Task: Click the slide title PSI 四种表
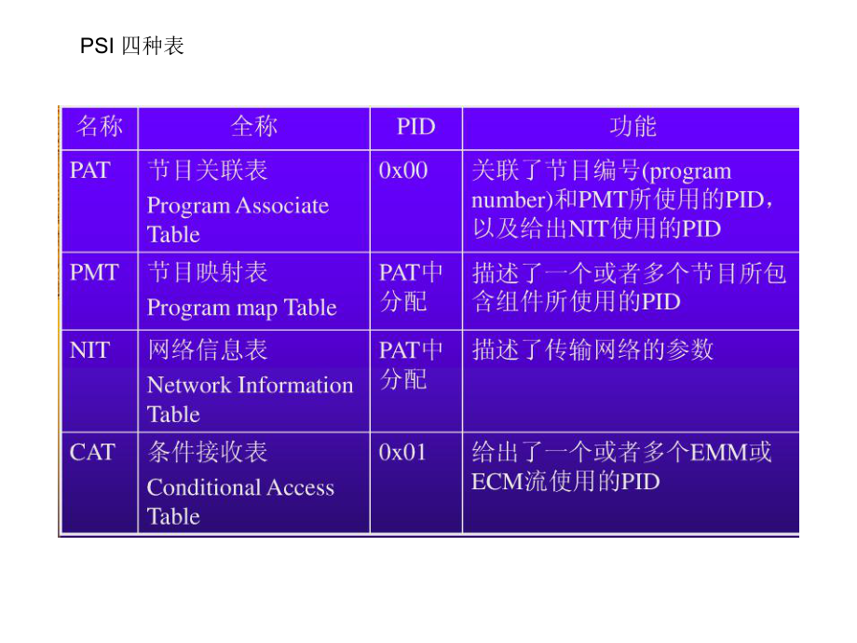coord(132,46)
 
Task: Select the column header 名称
coord(100,127)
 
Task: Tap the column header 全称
coord(253,127)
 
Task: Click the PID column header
coord(415,127)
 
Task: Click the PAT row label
coord(89,171)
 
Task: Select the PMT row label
coord(94,272)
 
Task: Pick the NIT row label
coord(89,350)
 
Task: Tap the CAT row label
coord(92,453)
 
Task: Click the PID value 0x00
coord(403,171)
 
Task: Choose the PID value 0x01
coord(403,453)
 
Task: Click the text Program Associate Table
coord(238,220)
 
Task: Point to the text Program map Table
coord(241,308)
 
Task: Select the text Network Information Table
coord(250,399)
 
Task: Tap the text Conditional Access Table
coord(240,501)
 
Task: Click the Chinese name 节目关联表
coord(208,171)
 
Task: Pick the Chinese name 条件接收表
coord(208,453)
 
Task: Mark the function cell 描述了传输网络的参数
coord(592,350)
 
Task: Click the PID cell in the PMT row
coord(411,287)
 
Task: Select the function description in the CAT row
coord(621,467)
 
